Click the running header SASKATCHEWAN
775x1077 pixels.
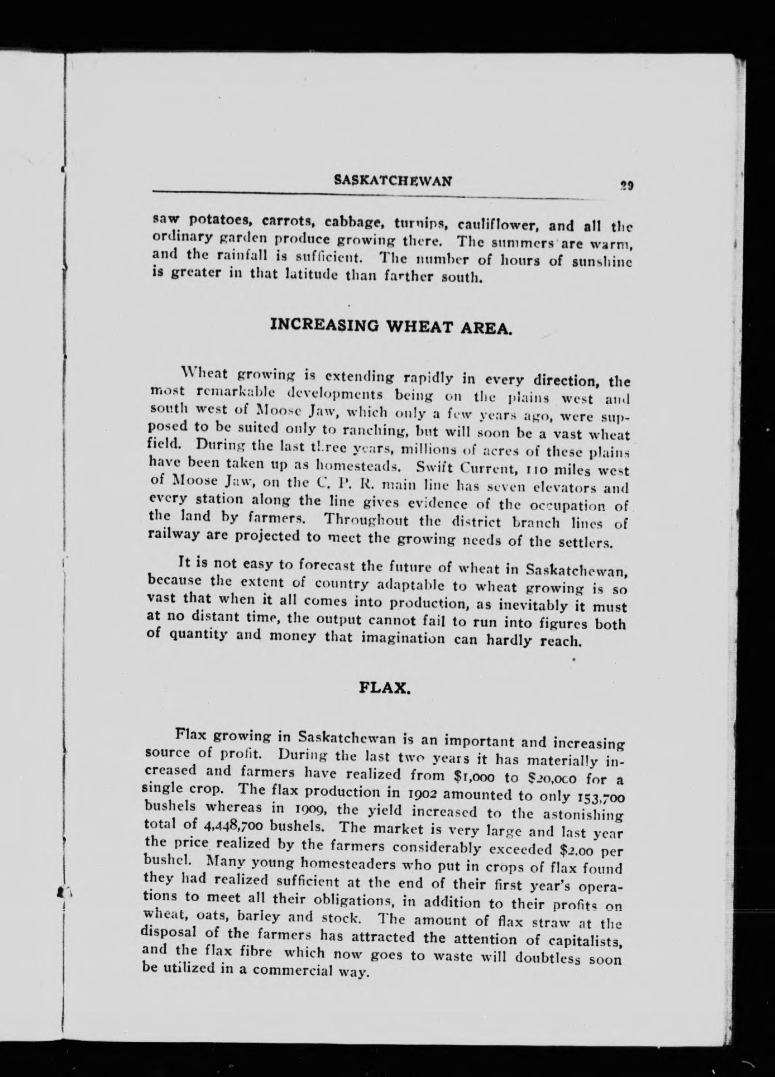(x=393, y=180)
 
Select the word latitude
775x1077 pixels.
(x=315, y=274)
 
